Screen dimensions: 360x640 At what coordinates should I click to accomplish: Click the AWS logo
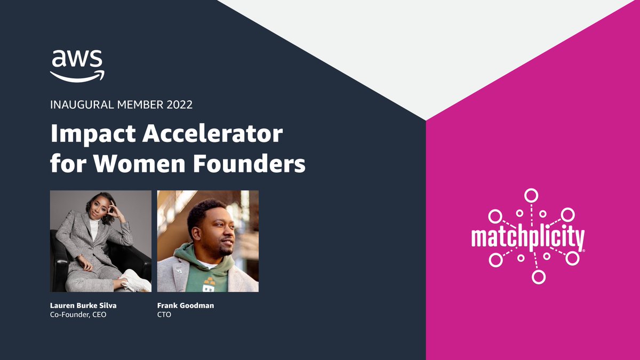pyautogui.click(x=78, y=65)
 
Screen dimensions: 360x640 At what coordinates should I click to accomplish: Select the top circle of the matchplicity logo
pyautogui.click(x=530, y=195)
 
